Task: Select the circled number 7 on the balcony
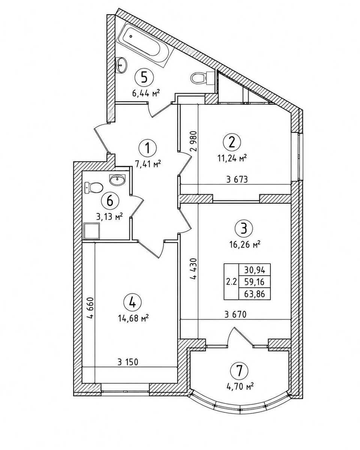pyautogui.click(x=239, y=371)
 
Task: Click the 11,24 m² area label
pyautogui.click(x=232, y=159)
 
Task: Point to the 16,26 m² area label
pyautogui.click(x=246, y=244)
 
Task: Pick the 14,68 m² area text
pyautogui.click(x=133, y=318)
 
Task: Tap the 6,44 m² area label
pyautogui.click(x=146, y=93)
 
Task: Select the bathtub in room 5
pyautogui.click(x=145, y=45)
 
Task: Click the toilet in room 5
pyautogui.click(x=203, y=78)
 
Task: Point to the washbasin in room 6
pyautogui.click(x=118, y=179)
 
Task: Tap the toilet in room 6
pyautogui.click(x=94, y=188)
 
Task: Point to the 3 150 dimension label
pyautogui.click(x=128, y=362)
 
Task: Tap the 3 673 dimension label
pyautogui.click(x=237, y=179)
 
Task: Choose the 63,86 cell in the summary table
pyautogui.click(x=255, y=294)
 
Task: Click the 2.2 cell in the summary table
pyautogui.click(x=232, y=282)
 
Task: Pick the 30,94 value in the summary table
pyautogui.click(x=255, y=270)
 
